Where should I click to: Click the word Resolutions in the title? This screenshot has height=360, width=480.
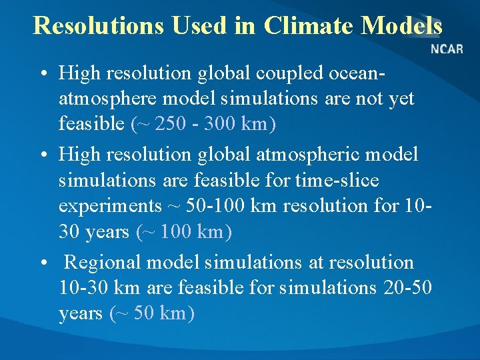pyautogui.click(x=97, y=25)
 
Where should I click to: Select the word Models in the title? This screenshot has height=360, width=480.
pyautogui.click(x=401, y=25)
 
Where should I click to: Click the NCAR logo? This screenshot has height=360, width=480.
pyautogui.click(x=447, y=49)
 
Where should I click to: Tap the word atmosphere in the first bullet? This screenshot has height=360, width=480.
pyautogui.click(x=109, y=99)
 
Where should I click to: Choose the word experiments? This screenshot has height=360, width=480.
pyautogui.click(x=109, y=206)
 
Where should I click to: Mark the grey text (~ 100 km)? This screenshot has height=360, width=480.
pyautogui.click(x=183, y=232)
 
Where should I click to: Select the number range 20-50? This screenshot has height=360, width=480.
pyautogui.click(x=408, y=288)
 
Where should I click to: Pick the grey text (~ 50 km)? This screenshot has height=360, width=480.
pyautogui.click(x=151, y=313)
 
